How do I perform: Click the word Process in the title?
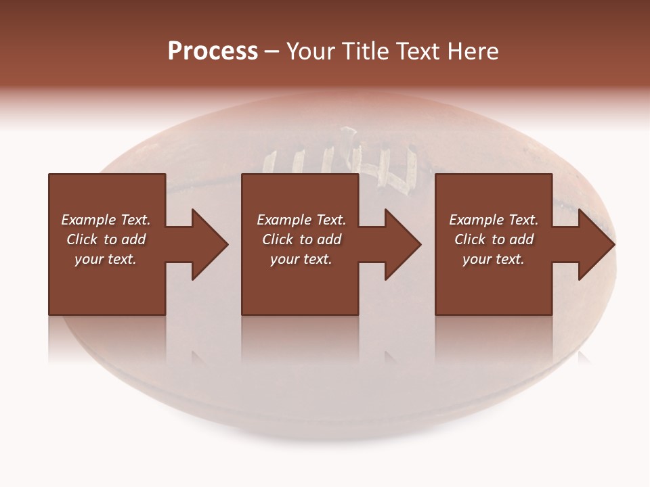213,51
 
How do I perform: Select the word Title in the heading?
365,51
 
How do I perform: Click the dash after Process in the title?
272,52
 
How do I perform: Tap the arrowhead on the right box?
594,244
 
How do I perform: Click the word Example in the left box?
86,220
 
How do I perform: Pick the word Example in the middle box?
282,220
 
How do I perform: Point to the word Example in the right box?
475,220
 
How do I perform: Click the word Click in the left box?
83,239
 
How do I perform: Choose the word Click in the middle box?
278,239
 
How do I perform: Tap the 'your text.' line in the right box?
494,259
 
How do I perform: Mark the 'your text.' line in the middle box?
301,259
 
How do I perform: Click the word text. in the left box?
122,259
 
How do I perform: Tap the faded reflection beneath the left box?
107,342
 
